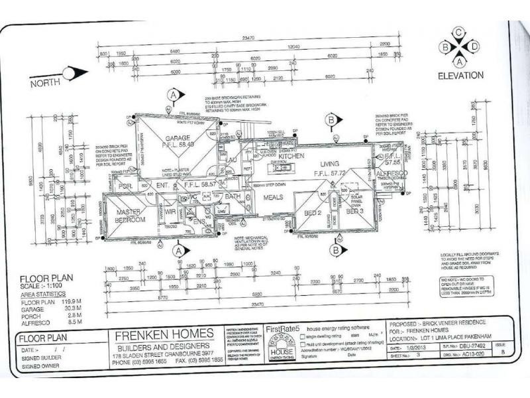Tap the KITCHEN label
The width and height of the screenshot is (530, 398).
tap(291, 156)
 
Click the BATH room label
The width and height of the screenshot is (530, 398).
tap(233, 197)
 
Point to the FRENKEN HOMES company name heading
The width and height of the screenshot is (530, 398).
tap(156, 333)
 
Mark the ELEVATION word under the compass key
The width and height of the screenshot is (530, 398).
tap(460, 76)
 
